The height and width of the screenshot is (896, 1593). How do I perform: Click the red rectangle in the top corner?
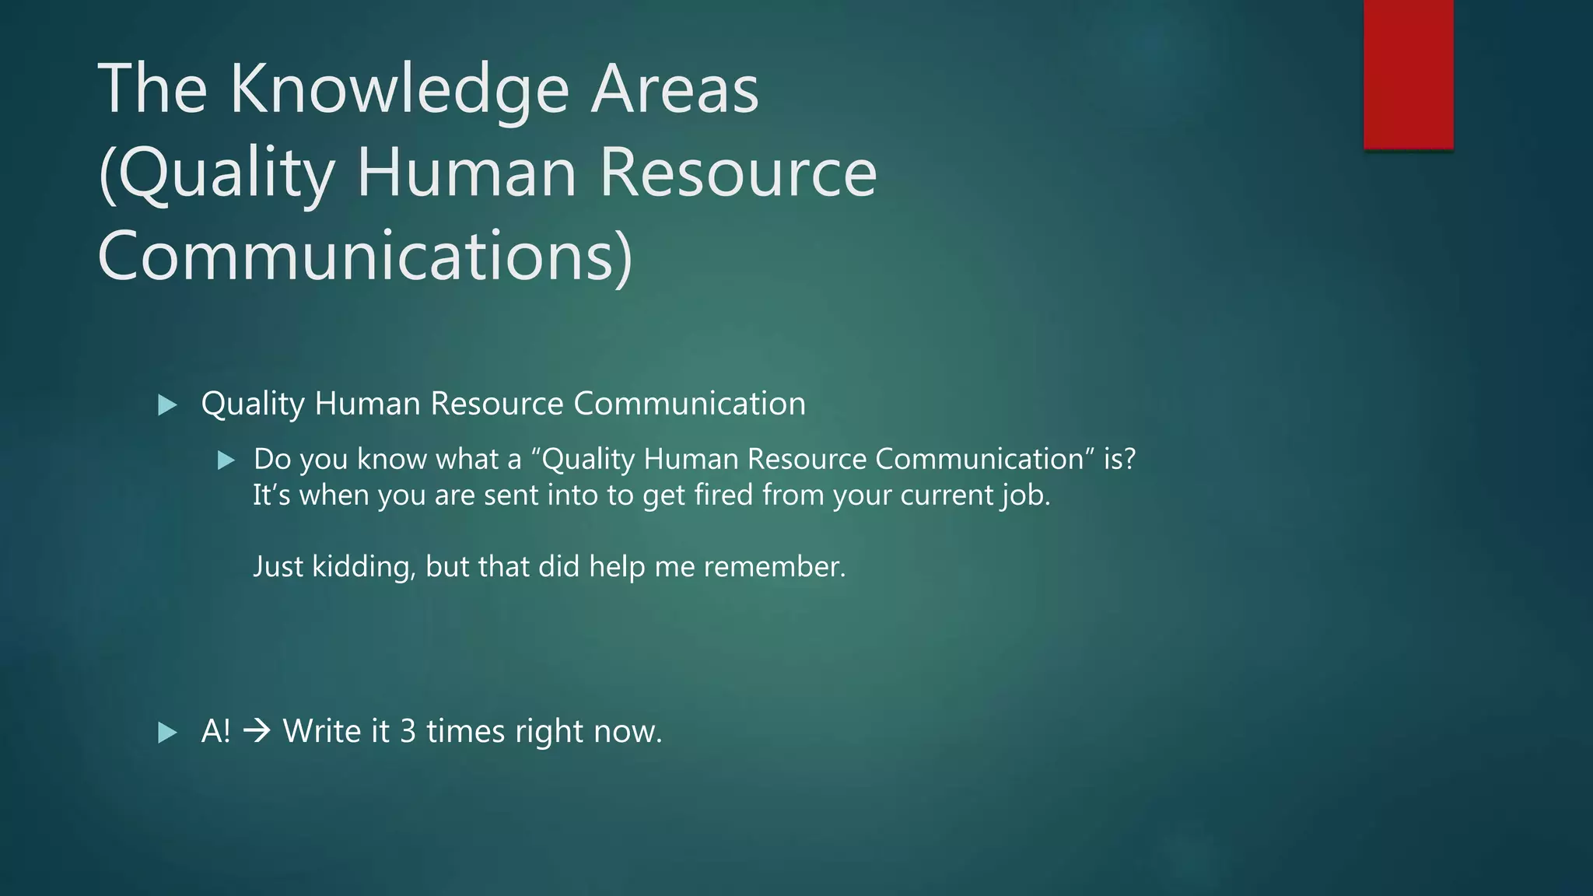[1408, 74]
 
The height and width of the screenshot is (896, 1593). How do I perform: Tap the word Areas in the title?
[674, 89]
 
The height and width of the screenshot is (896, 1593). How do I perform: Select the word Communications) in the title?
[365, 256]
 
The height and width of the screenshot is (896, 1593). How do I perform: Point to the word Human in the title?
[467, 172]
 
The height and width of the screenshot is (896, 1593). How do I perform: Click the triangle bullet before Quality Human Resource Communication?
[167, 404]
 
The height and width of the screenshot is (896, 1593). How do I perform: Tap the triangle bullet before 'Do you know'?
[226, 460]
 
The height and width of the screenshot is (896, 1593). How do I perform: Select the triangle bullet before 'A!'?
[167, 732]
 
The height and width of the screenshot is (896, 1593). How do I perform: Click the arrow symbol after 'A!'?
[257, 731]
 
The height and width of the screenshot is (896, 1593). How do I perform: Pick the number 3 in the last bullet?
[408, 731]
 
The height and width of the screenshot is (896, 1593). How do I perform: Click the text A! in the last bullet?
[215, 731]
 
